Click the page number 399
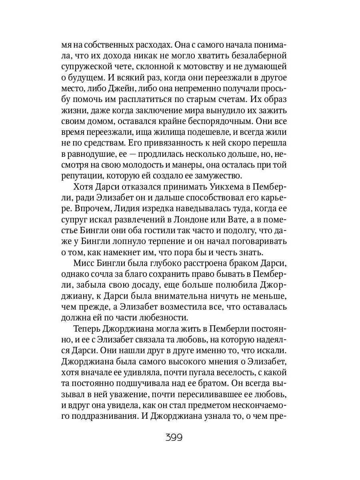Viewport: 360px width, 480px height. [x=174, y=437]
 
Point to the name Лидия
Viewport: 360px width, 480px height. [x=129, y=208]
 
